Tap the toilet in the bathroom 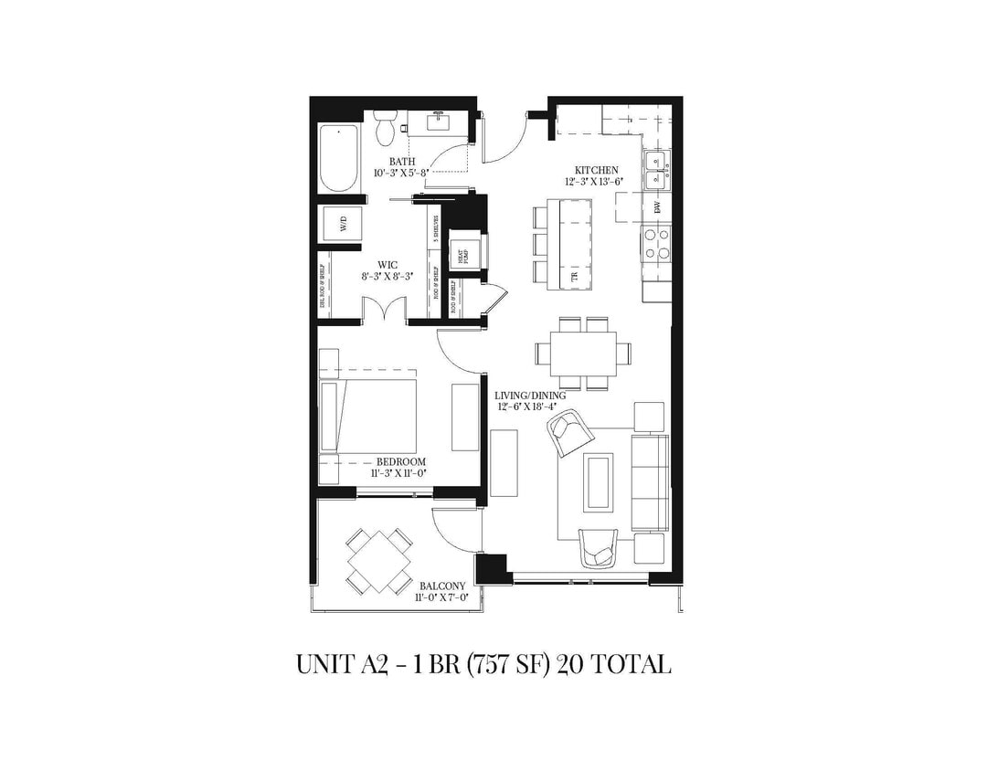(385, 130)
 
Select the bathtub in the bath (338, 157)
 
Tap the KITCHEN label (596, 170)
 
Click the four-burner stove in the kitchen (656, 242)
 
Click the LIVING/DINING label (530, 396)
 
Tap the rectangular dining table (583, 351)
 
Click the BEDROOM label (400, 462)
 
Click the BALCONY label (442, 586)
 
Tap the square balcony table (377, 561)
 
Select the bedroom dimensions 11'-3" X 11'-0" (398, 474)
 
